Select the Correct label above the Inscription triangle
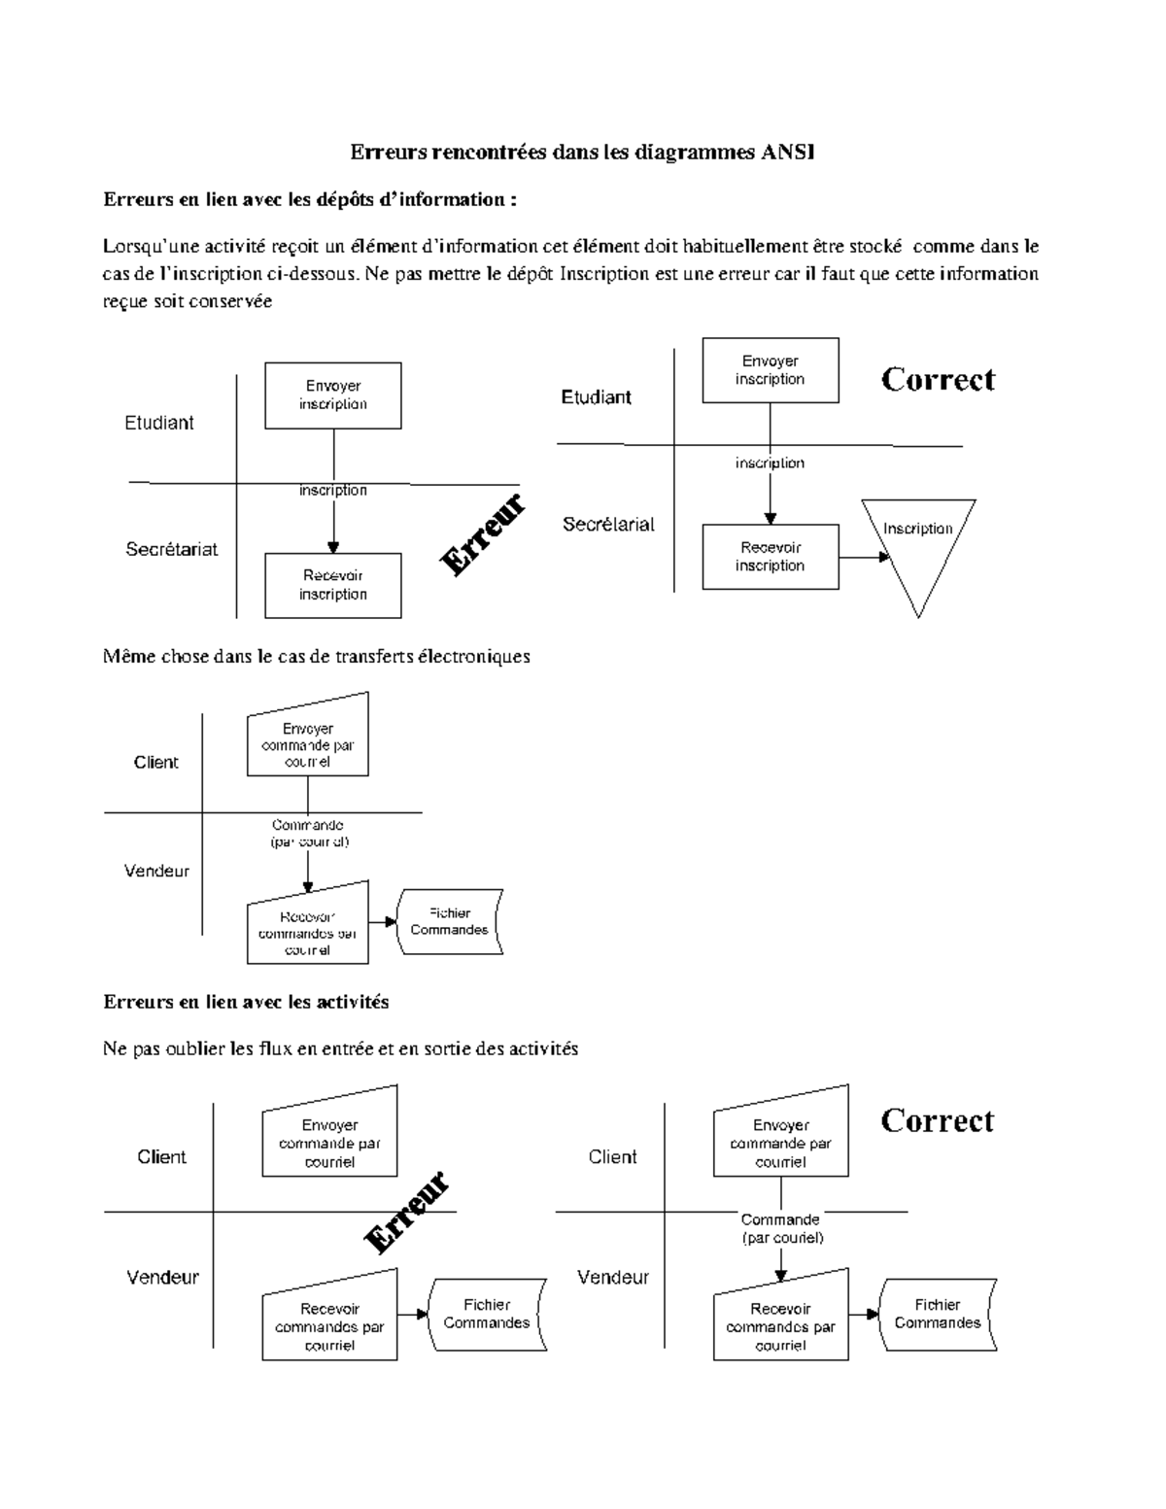[x=938, y=379]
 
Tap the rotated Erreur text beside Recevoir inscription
[x=482, y=533]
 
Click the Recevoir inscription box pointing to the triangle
[x=770, y=557]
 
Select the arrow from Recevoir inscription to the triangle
[x=864, y=557]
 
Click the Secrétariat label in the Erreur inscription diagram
[x=172, y=549]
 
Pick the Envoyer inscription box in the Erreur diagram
[x=332, y=395]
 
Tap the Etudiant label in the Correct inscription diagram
[x=596, y=397]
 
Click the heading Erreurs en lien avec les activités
[x=246, y=1001]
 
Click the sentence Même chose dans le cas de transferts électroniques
[x=316, y=656]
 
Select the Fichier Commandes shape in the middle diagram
[x=450, y=921]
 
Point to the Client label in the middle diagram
[x=155, y=763]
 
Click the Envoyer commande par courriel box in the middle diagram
[x=307, y=744]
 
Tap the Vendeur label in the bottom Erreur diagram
[x=162, y=1277]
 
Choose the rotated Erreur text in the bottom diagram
[x=406, y=1212]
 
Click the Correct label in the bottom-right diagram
[x=937, y=1120]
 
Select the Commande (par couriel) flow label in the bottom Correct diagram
[x=781, y=1228]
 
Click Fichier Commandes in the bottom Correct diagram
[x=938, y=1314]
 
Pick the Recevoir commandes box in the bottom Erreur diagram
[x=329, y=1326]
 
